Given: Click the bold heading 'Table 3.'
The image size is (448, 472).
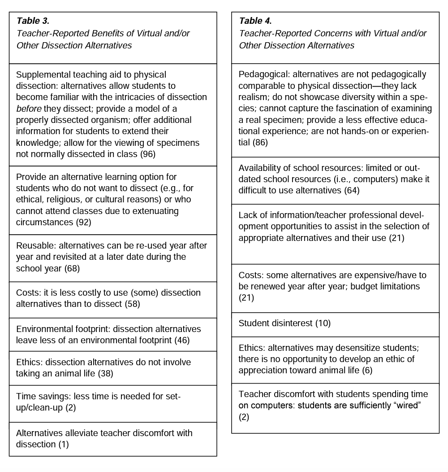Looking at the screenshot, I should [33, 21].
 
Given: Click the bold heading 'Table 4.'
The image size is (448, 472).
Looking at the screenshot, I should [255, 21].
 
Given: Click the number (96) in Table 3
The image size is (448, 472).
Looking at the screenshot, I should [148, 154].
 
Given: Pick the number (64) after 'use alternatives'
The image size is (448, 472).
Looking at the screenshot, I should [352, 190].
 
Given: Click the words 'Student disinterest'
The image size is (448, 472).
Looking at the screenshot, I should [275, 323].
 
